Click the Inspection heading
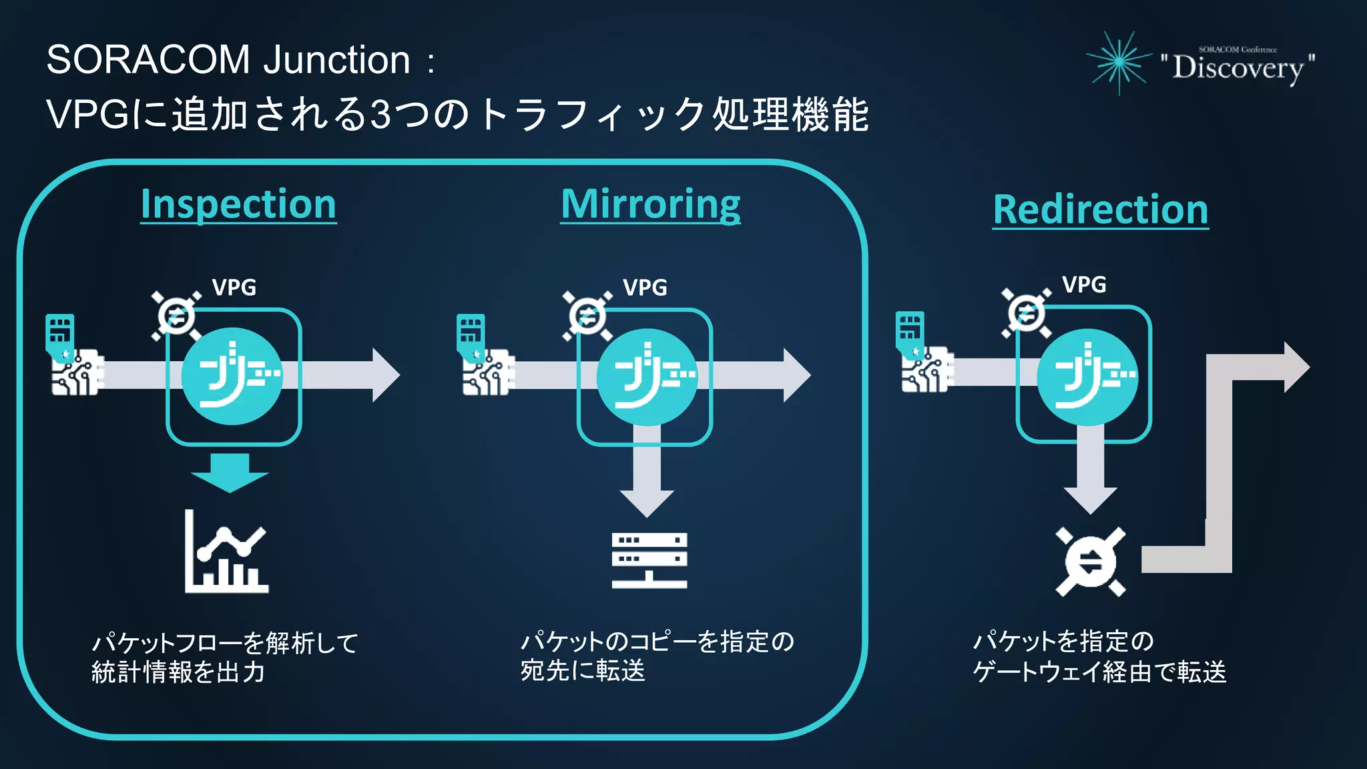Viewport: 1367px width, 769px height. click(238, 204)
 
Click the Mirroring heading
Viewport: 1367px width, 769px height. click(651, 204)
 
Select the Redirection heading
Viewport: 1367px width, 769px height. click(1101, 210)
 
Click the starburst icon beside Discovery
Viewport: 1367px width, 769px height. click(1119, 63)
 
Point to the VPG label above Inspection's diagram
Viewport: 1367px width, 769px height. click(234, 288)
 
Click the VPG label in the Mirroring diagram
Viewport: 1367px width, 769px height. click(645, 288)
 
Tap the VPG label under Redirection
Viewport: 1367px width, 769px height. click(1084, 285)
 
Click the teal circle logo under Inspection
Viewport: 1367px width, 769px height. click(232, 376)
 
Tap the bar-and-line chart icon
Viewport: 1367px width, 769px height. click(226, 552)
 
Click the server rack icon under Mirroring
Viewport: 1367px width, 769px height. click(649, 560)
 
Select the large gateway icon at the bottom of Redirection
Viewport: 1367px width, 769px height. click(1091, 561)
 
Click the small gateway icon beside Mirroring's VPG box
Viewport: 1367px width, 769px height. click(587, 316)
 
